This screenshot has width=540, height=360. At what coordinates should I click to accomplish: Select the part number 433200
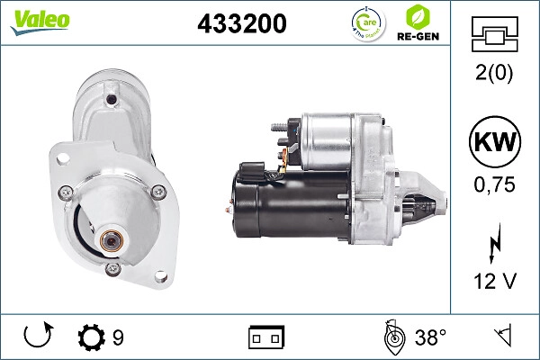(241, 24)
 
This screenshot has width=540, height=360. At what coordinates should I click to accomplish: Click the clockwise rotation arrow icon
(38, 337)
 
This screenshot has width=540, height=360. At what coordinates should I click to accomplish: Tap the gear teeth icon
(91, 337)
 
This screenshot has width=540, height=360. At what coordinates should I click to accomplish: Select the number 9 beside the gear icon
(118, 338)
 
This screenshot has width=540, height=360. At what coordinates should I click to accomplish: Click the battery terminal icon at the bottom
(266, 338)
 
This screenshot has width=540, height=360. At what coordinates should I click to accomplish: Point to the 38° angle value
(429, 338)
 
